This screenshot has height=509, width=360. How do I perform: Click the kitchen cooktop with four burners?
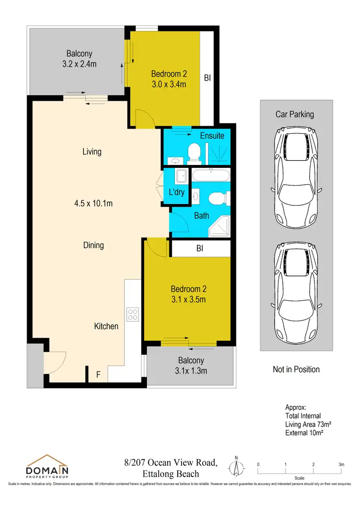[x=133, y=314]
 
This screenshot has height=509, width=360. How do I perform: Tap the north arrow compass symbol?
[x=236, y=467]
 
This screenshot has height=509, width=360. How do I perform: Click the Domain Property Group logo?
[x=46, y=467]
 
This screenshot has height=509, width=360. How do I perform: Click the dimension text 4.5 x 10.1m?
[x=92, y=203]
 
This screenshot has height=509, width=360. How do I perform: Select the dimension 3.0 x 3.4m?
[x=168, y=84]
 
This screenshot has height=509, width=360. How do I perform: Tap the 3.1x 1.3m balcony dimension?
[x=191, y=370]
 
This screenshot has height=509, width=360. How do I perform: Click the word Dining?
[x=93, y=245]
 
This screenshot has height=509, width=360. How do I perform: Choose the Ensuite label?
[x=212, y=136]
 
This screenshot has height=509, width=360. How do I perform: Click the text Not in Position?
[x=296, y=369]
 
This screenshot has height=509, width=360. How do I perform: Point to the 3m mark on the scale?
[x=341, y=464]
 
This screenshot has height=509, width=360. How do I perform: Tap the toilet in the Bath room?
[x=216, y=198]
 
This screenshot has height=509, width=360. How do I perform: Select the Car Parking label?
[x=294, y=114]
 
